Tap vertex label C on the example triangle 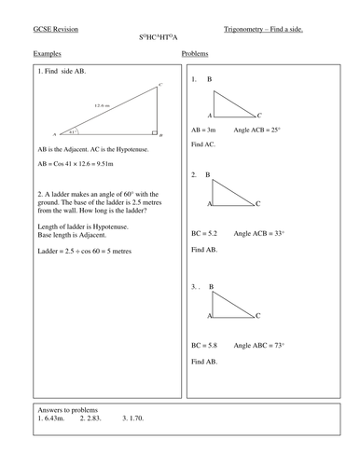pyautogui.click(x=160, y=85)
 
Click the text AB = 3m pyautogui.click(x=204, y=131)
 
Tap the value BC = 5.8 pyautogui.click(x=205, y=345)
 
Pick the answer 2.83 pyautogui.click(x=91, y=418)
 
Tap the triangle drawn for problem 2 pyautogui.click(x=229, y=192)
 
